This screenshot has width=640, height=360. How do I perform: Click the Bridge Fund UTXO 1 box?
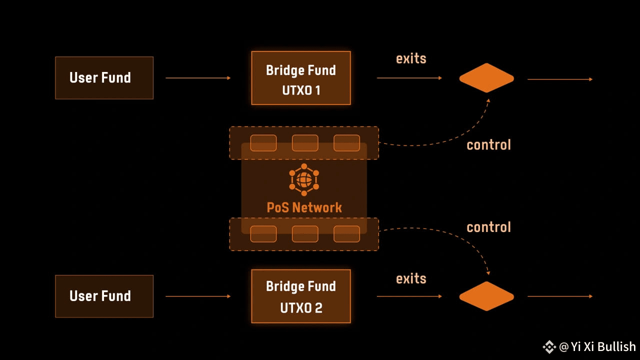[301, 78]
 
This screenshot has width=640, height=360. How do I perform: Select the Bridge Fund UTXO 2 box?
[301, 296]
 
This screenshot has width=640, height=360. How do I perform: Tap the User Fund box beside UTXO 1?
[104, 78]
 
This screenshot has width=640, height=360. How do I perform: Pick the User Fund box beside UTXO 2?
[104, 296]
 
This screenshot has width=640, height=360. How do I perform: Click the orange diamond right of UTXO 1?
[486, 78]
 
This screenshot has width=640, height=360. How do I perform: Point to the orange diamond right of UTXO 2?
[486, 296]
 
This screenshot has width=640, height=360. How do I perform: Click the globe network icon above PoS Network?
[304, 179]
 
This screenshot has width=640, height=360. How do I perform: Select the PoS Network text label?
[304, 207]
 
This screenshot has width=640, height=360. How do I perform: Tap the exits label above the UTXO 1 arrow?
[411, 58]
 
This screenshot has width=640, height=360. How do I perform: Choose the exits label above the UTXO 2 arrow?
[411, 278]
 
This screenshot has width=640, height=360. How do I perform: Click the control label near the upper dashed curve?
[489, 145]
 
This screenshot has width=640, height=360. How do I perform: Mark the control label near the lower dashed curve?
[489, 227]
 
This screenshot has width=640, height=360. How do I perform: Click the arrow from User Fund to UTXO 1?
[198, 78]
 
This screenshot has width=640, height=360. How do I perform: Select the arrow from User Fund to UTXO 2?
[198, 296]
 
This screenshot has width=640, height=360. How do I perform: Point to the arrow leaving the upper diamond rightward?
[560, 79]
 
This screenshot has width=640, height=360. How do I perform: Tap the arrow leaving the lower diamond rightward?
[560, 296]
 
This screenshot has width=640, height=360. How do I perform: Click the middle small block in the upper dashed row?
[305, 143]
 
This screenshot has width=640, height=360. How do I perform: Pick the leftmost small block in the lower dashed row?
[263, 233]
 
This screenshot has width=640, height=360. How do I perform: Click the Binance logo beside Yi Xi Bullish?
[549, 347]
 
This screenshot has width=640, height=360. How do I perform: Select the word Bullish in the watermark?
[616, 346]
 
